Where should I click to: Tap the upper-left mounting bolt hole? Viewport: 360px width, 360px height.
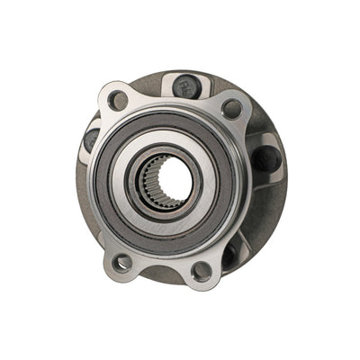[116, 100]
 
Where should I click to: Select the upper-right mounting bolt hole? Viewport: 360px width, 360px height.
[231, 110]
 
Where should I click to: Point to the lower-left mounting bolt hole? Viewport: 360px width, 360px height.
[122, 262]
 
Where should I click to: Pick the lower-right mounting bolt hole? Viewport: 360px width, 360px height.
[202, 269]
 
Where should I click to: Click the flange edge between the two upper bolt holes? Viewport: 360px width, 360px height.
[171, 106]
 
